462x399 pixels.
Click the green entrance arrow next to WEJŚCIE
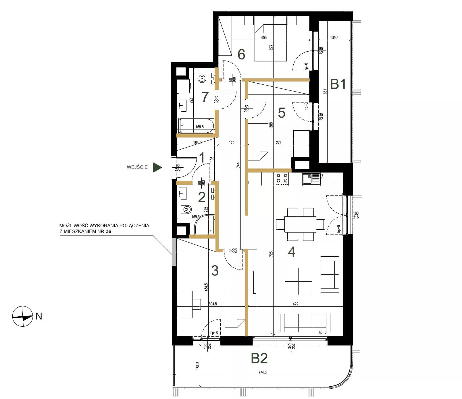pyautogui.click(x=157, y=167)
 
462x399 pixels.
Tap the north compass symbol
pyautogui.click(x=23, y=316)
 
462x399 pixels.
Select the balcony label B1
pyautogui.click(x=338, y=84)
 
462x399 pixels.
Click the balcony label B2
pyautogui.click(x=259, y=358)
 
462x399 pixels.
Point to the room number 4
pyautogui.click(x=292, y=252)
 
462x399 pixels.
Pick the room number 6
pyautogui.click(x=241, y=54)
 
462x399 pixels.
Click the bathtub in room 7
pyautogui.click(x=197, y=126)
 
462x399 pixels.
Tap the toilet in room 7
pyautogui.click(x=202, y=77)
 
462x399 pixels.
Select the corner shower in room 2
pyautogui.click(x=204, y=224)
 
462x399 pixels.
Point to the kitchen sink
pyautogui.click(x=311, y=179)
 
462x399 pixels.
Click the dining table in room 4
pyautogui.click(x=300, y=224)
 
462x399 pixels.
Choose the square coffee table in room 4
pyautogui.click(x=298, y=281)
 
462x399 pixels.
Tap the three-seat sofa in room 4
pyautogui.click(x=305, y=323)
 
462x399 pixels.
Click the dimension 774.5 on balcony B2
pyautogui.click(x=262, y=372)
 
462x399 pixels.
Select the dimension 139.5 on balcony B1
pyautogui.click(x=334, y=38)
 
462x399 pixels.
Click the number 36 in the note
pyautogui.click(x=108, y=231)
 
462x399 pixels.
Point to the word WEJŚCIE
pyautogui.click(x=137, y=167)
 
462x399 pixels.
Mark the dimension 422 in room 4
pyautogui.click(x=295, y=304)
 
